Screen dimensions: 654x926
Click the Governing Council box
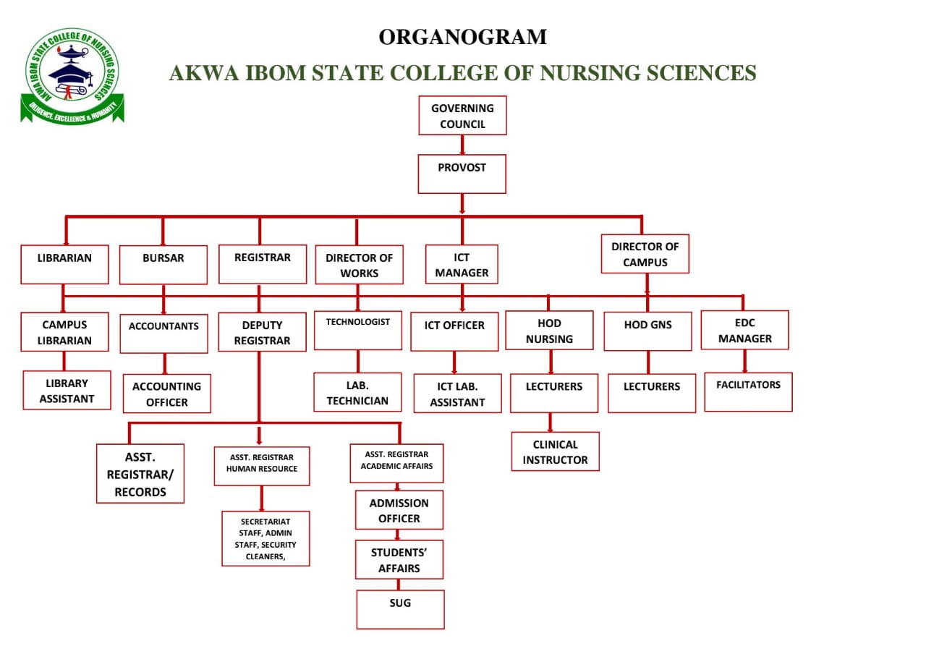pos(462,116)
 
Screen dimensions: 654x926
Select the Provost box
pos(462,174)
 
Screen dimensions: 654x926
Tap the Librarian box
pos(64,264)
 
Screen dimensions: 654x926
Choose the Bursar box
pos(163,265)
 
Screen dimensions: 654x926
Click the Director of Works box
pos(359,265)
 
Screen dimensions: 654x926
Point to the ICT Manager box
pos(462,265)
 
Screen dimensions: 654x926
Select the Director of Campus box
pos(645,254)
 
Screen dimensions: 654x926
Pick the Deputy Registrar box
pos(262,332)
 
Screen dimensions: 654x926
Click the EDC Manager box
pos(744,331)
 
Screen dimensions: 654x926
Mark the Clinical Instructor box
pos(555,451)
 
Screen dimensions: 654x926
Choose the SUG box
pos(400,609)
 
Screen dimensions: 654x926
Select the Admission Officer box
pos(399,510)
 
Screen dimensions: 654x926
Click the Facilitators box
pos(748,391)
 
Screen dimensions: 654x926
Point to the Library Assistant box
pos(67,391)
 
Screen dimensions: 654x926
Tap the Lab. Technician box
pos(357,393)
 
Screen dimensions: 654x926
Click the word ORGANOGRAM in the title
pos(463,37)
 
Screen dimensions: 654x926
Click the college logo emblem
pos(72,75)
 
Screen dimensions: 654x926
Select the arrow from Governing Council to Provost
pos(462,145)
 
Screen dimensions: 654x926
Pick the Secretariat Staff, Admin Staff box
pos(266,538)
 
